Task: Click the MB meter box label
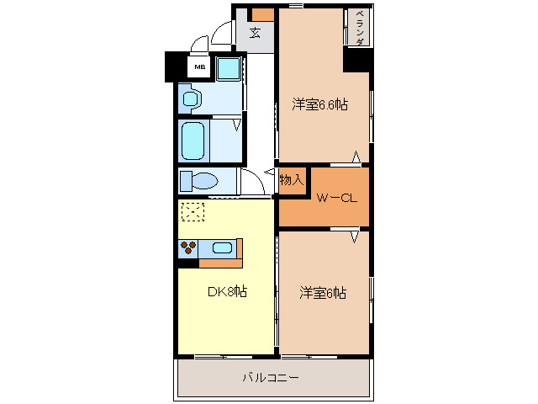click(x=199, y=67)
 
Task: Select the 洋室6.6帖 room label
click(x=320, y=104)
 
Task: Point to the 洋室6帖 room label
click(x=324, y=293)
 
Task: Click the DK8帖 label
click(x=227, y=292)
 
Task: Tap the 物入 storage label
click(x=291, y=180)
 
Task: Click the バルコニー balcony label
click(x=272, y=378)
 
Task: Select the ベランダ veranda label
click(x=359, y=29)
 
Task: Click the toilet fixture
click(x=199, y=181)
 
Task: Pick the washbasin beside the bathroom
click(x=190, y=98)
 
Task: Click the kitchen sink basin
click(x=222, y=247)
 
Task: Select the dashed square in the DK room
click(x=193, y=211)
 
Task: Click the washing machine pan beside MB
click(x=229, y=68)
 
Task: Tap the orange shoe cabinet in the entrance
click(x=263, y=14)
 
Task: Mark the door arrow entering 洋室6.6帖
click(x=356, y=157)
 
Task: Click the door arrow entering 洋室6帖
click(x=356, y=237)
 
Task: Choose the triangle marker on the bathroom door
click(x=237, y=126)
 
